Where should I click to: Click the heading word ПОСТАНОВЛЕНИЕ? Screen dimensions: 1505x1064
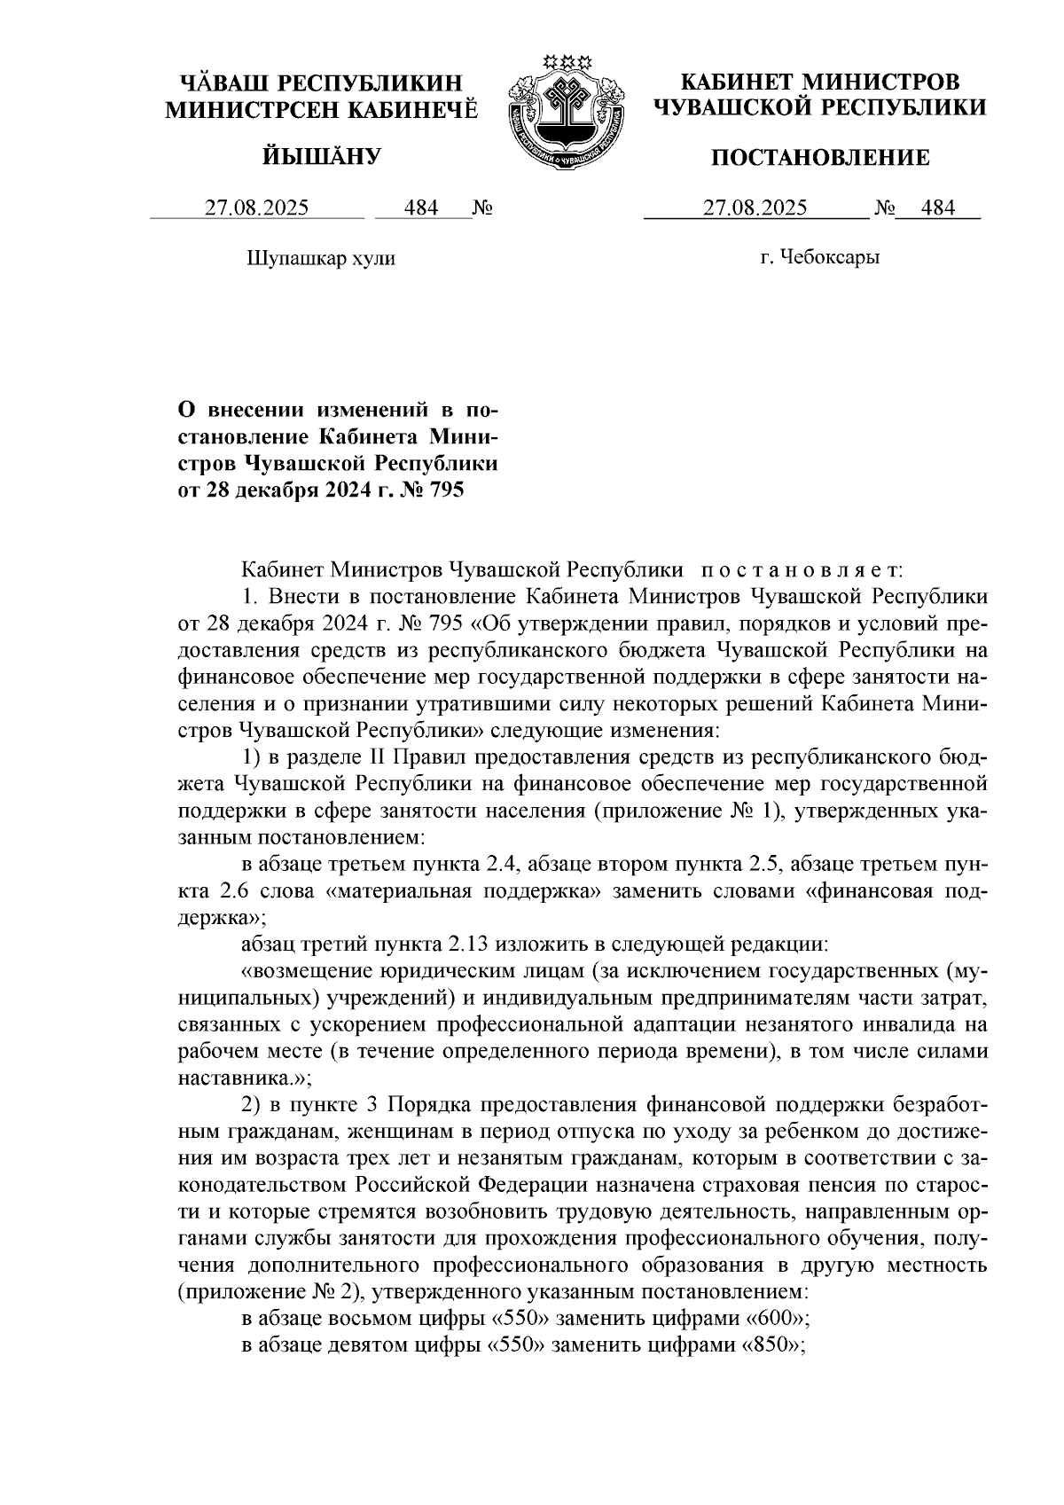pos(821,159)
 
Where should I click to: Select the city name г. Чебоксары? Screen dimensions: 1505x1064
pos(819,258)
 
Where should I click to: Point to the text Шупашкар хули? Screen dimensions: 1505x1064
pos(318,258)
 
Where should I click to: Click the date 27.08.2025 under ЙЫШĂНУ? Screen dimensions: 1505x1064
pos(257,208)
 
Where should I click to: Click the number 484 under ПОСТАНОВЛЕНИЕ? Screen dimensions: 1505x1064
pos(938,208)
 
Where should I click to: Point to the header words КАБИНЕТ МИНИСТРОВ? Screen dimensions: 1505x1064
pos(820,82)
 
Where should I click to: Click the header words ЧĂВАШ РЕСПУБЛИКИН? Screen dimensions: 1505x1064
pos(321,84)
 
